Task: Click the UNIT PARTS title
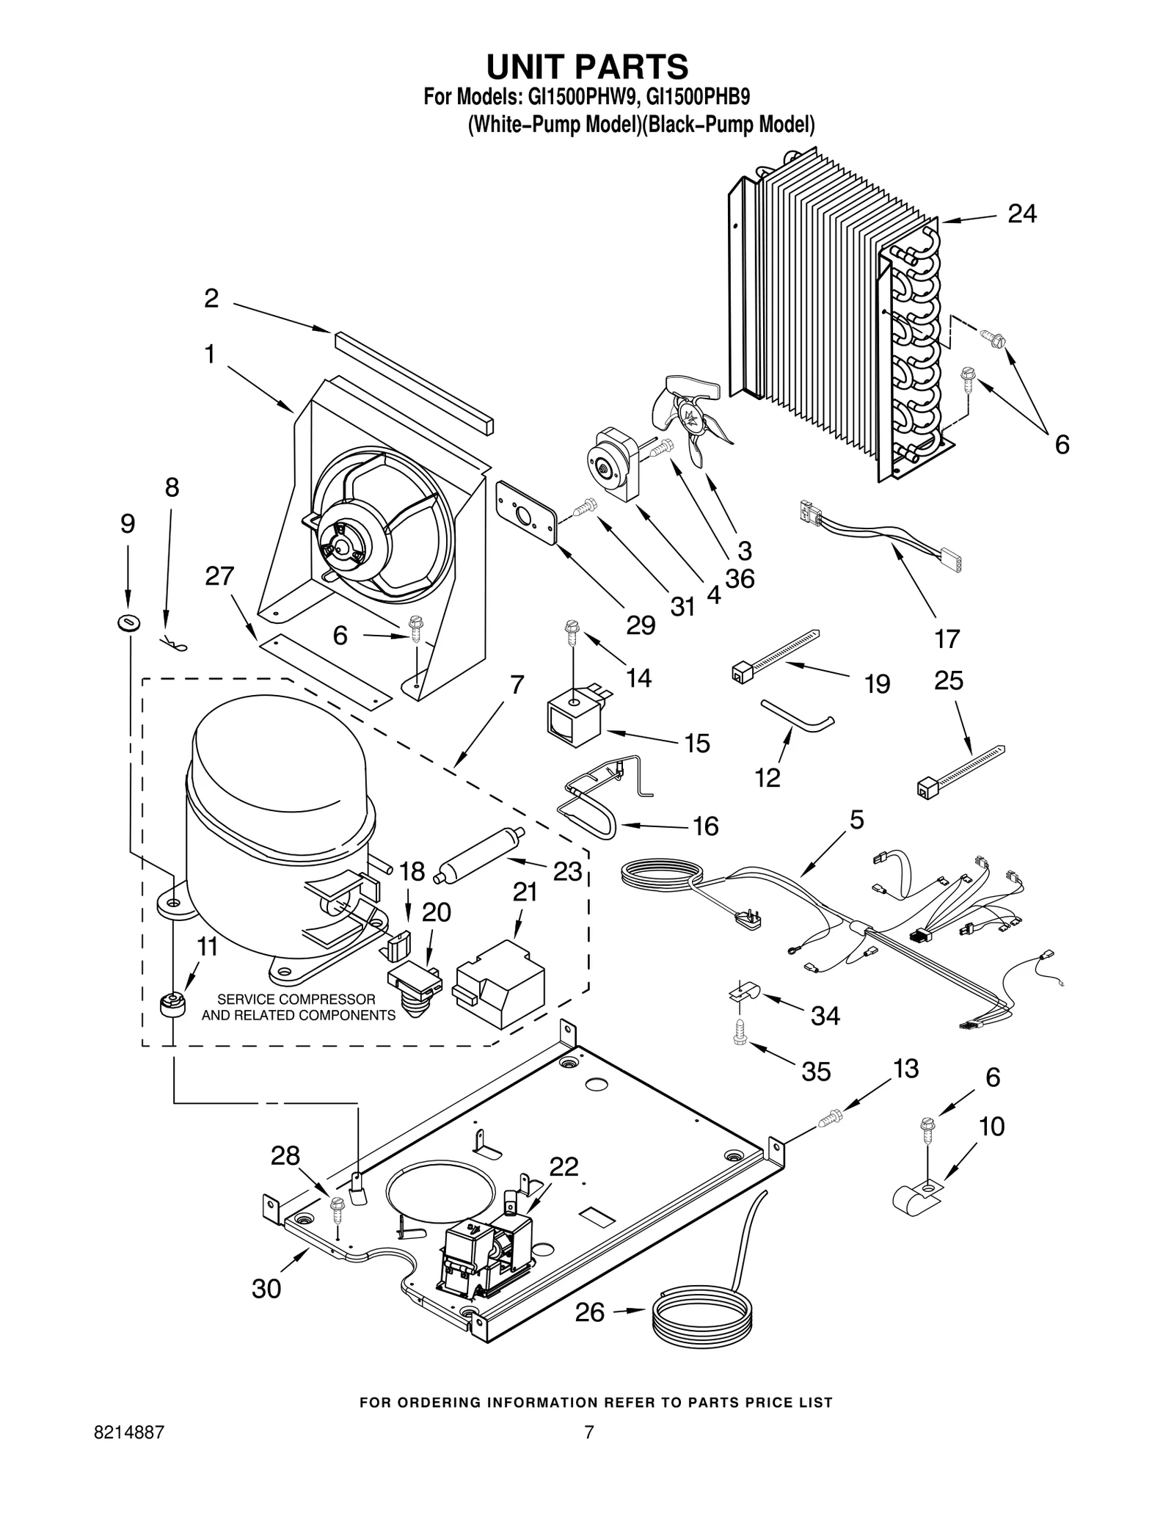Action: pos(587,66)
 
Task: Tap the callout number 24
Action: pos(1022,214)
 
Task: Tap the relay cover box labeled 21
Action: pos(500,984)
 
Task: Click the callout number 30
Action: pos(266,1288)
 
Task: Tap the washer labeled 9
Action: pos(128,623)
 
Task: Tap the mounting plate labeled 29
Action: pos(525,514)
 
